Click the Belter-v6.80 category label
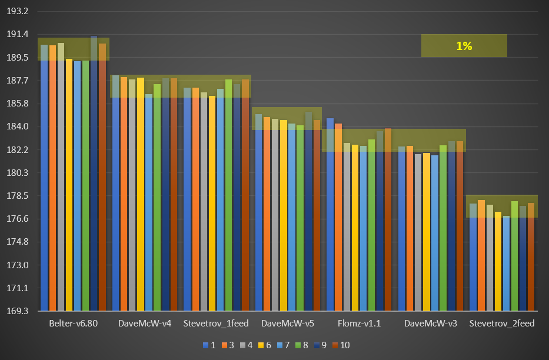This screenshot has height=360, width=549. tap(73, 324)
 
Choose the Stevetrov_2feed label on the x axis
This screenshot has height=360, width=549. tap(502, 324)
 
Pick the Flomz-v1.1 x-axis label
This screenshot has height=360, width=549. tap(358, 324)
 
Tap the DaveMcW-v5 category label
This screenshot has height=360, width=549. tap(287, 324)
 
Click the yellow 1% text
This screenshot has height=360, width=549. tap(464, 46)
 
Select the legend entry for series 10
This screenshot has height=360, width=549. tap(341, 345)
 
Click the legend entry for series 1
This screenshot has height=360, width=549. tap(209, 345)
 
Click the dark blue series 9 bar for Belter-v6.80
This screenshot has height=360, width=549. tap(94, 176)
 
